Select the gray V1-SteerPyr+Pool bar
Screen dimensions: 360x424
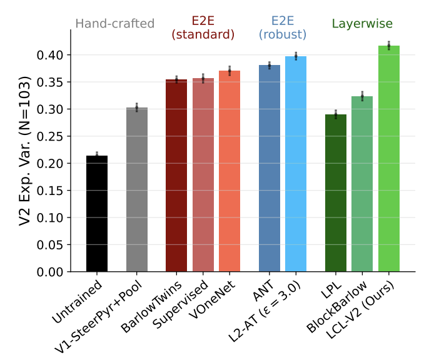coord(137,190)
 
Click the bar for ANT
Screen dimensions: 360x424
coord(270,168)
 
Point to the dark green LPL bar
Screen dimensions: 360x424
coord(336,193)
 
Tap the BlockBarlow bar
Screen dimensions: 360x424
coord(362,184)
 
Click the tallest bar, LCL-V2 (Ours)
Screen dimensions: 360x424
coord(389,159)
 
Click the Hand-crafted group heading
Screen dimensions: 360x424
coord(114,24)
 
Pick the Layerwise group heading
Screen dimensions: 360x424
coord(362,24)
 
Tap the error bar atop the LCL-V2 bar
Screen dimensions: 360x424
coord(389,45)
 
